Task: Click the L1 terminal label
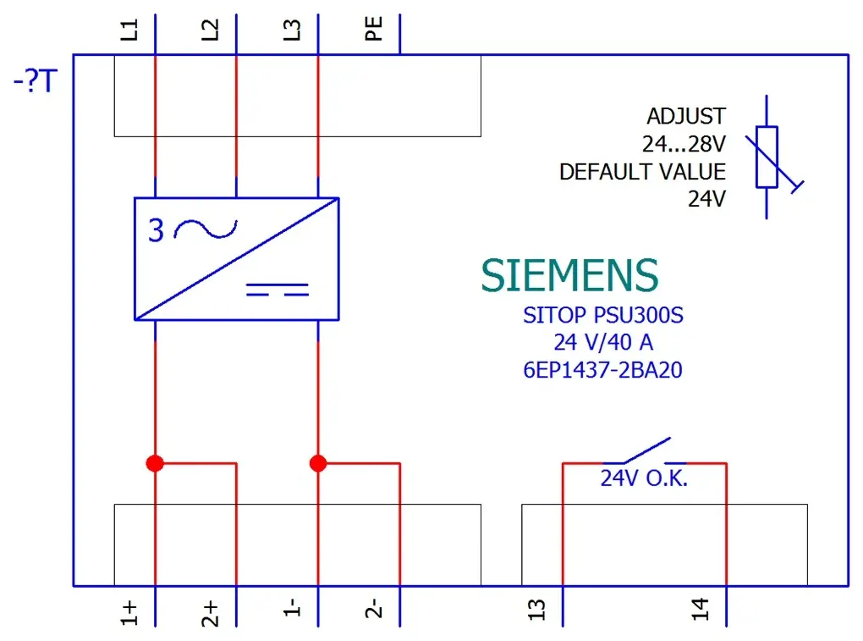129,30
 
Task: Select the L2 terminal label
210,30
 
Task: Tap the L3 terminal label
292,30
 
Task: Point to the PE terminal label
374,29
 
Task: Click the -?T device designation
36,81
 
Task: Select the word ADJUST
686,116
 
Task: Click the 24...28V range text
684,144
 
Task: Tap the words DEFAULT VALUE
642,172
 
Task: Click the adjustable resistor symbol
767,157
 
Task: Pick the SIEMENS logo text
569,275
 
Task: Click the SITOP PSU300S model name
603,316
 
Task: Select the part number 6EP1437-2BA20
602,370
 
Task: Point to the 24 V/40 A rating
603,343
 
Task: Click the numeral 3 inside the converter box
157,230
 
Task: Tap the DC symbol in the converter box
278,290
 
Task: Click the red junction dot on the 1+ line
155,463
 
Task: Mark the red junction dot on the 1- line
318,463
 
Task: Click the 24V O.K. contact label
644,478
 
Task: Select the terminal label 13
536,610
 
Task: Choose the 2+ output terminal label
210,613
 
